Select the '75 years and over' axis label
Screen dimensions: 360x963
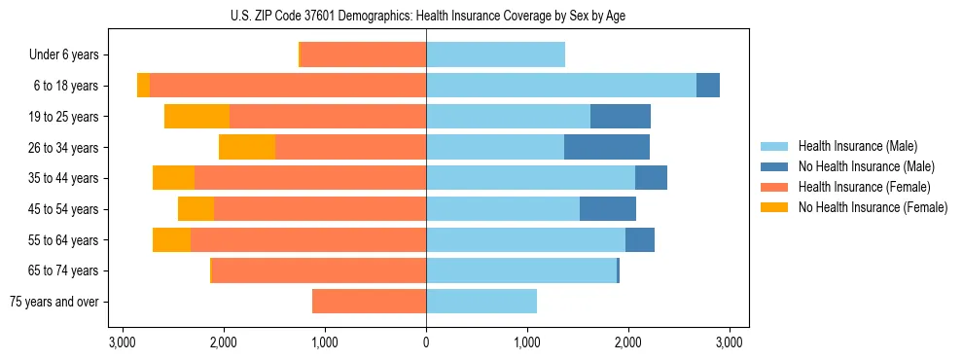(x=54, y=302)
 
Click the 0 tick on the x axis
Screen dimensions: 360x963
(x=426, y=342)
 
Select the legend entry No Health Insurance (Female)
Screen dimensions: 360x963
(x=872, y=207)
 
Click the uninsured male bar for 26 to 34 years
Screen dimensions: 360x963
(x=607, y=147)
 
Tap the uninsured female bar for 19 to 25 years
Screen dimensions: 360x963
(x=196, y=117)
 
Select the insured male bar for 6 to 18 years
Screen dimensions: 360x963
(x=561, y=86)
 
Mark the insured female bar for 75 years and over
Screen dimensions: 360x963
(x=369, y=302)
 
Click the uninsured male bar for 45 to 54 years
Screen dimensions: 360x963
(x=608, y=209)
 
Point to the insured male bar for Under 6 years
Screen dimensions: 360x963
(x=495, y=55)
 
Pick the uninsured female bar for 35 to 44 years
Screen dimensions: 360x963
(x=173, y=178)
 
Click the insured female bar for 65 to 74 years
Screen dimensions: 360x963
(x=319, y=270)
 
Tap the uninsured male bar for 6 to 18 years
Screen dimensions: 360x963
(x=708, y=86)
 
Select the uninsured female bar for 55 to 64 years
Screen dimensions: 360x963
(x=171, y=240)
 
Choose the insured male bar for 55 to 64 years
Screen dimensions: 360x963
(x=525, y=240)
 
